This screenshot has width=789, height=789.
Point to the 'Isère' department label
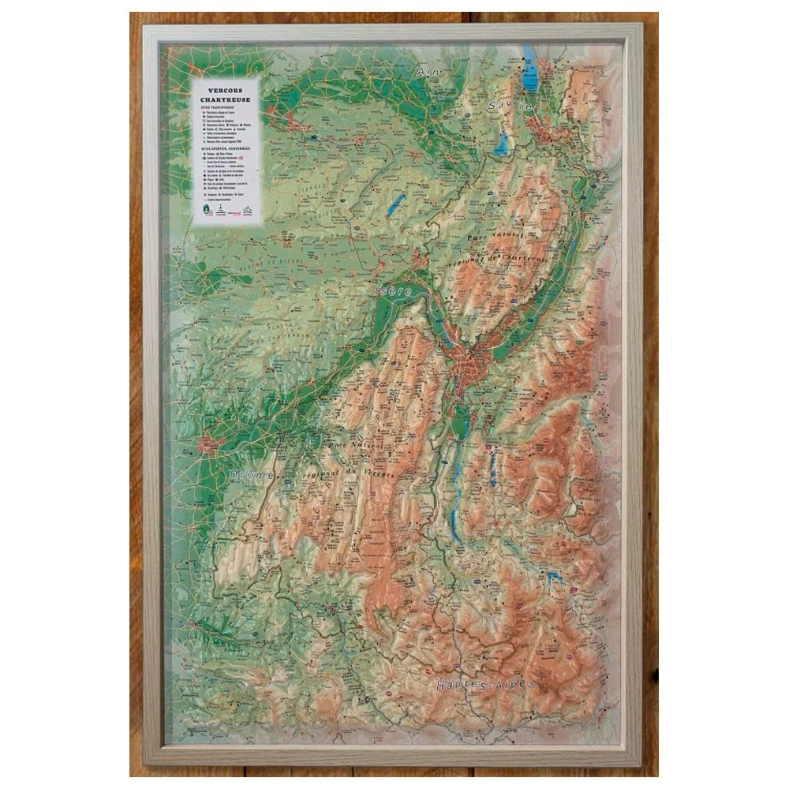[x=392, y=291]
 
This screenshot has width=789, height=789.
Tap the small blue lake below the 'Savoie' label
[x=501, y=144]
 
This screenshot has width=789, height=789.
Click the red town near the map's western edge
[x=210, y=446]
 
